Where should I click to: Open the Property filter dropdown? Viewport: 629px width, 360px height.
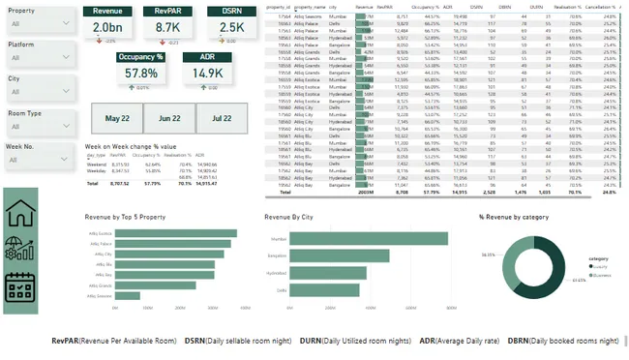click(39, 24)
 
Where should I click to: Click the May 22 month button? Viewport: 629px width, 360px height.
click(117, 118)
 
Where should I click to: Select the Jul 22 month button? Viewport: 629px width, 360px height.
click(222, 118)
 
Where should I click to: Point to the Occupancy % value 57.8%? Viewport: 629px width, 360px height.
click(141, 74)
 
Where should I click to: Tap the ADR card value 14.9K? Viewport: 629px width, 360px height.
click(206, 74)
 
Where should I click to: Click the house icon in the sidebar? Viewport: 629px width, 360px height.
click(26, 215)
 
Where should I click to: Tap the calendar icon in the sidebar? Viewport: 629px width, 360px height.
click(26, 288)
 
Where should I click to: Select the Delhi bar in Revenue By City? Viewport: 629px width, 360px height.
click(320, 290)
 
